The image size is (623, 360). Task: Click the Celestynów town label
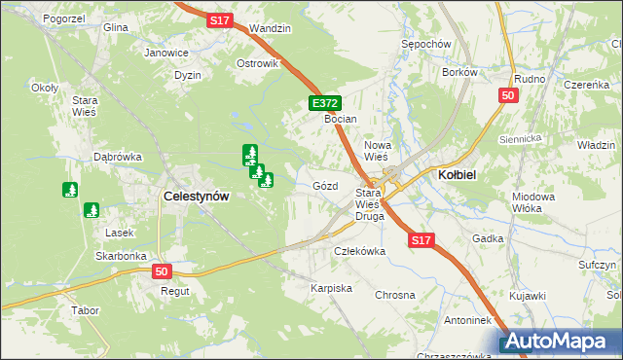pyautogui.click(x=197, y=196)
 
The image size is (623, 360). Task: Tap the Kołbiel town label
pyautogui.click(x=457, y=174)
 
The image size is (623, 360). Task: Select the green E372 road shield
pyautogui.click(x=324, y=102)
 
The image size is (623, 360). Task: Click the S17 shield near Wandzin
pyautogui.click(x=219, y=18)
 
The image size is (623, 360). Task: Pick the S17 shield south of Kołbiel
pyautogui.click(x=421, y=239)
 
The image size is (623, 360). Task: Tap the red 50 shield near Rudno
pyautogui.click(x=507, y=95)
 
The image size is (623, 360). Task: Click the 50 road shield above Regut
pyautogui.click(x=162, y=271)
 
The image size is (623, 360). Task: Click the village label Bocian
pyautogui.click(x=341, y=119)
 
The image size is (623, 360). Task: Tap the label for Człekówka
pyautogui.click(x=360, y=250)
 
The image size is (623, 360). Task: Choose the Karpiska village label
pyautogui.click(x=331, y=289)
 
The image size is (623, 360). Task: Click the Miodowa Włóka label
pyautogui.click(x=532, y=201)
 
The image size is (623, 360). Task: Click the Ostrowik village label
pyautogui.click(x=258, y=63)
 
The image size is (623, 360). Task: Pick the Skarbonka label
pyautogui.click(x=121, y=256)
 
